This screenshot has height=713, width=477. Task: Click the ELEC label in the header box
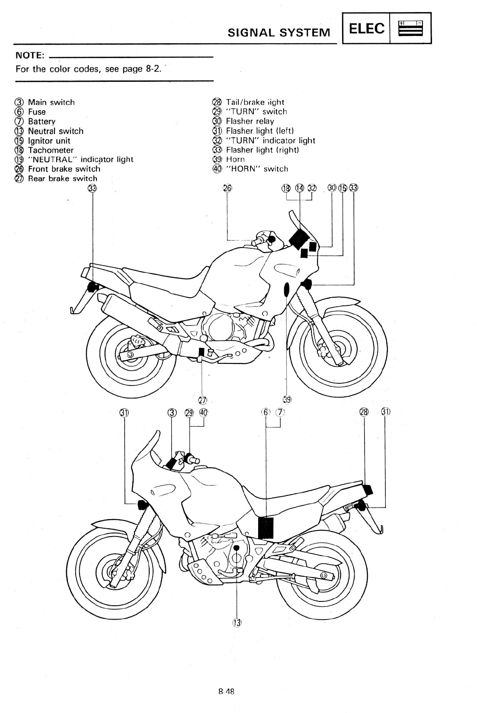(x=366, y=29)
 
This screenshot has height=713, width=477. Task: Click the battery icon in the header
(x=410, y=29)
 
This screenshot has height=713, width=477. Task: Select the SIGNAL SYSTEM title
(x=279, y=32)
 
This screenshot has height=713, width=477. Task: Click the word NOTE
(x=29, y=55)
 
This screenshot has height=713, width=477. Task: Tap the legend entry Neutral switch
(x=55, y=131)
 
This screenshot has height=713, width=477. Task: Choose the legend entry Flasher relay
(x=250, y=121)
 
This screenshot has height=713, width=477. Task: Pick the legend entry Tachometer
(x=51, y=150)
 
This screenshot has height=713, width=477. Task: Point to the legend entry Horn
(x=235, y=159)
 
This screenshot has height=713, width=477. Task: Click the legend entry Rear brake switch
(x=62, y=178)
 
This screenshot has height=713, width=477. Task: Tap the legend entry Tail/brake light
(x=255, y=102)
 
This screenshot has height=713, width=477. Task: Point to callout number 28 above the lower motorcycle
(x=364, y=412)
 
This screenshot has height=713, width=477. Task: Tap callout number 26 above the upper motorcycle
(x=227, y=188)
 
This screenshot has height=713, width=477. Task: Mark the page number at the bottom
(x=226, y=691)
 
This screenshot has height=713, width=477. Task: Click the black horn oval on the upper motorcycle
(x=286, y=289)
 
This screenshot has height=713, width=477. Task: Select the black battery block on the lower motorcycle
(x=266, y=527)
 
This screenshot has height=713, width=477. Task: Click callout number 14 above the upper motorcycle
(x=299, y=188)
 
